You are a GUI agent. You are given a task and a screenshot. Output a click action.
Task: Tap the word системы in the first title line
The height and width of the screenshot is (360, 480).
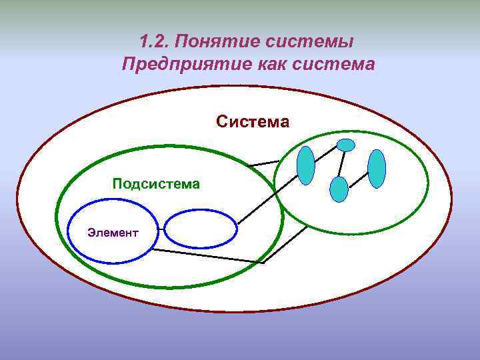pos(309,41)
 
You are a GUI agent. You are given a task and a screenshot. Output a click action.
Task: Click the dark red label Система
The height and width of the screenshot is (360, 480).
pos(253,122)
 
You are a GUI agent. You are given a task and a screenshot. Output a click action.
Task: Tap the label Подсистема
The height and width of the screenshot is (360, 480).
pos(156,183)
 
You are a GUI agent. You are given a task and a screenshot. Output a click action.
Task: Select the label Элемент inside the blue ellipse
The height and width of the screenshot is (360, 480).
pos(113,233)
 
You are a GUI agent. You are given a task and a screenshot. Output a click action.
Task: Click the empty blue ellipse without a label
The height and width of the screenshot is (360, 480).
pos(201,229)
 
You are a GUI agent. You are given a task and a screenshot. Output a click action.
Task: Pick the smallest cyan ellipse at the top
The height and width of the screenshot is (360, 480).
pos(346,145)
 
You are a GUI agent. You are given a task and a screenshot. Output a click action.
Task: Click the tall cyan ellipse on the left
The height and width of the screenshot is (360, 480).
pos(305,165)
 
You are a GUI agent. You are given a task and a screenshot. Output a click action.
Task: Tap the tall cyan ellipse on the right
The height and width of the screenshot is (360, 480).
pos(377,169)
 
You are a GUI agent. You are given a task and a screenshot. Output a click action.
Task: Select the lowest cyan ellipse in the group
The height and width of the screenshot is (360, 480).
pos(339,189)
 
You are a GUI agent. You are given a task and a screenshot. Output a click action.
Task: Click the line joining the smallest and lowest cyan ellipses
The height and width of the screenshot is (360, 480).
pos(342,164)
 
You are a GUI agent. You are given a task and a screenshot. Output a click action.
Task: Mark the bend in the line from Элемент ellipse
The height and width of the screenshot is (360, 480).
pos(263,263)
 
